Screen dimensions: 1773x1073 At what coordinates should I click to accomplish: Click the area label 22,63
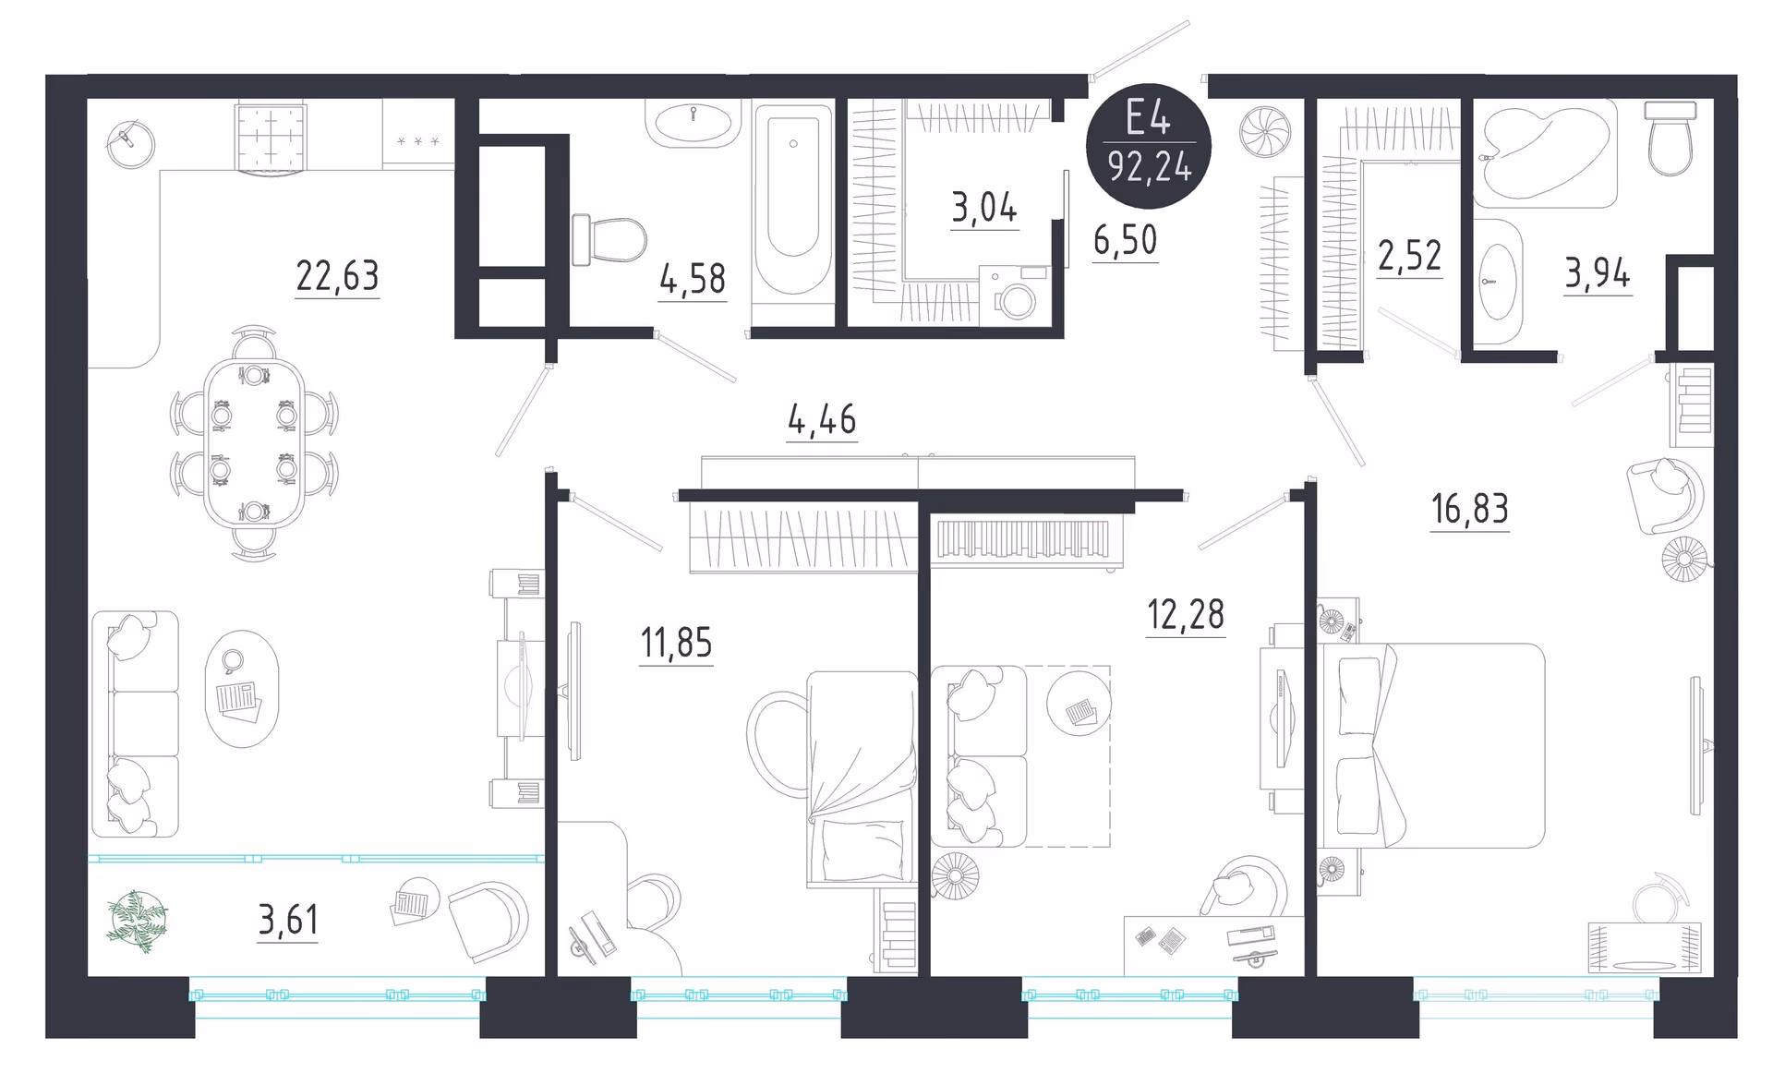tap(337, 276)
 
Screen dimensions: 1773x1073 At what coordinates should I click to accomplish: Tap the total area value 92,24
tap(1150, 167)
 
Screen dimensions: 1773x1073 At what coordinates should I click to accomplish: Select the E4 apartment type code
tap(1149, 118)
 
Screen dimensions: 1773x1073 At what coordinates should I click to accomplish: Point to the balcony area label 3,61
tap(288, 920)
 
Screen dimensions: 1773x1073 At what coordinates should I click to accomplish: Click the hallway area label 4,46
tap(822, 420)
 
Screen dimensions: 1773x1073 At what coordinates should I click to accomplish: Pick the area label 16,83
tap(1470, 509)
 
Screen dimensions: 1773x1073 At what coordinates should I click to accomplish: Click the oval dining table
tap(254, 443)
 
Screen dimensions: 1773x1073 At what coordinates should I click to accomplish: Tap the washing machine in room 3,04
tap(1014, 294)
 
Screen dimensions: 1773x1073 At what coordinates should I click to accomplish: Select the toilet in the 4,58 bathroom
tap(609, 239)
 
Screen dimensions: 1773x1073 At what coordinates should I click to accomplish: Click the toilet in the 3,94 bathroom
tap(1670, 139)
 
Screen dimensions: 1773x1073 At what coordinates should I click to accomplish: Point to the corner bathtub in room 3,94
tap(1544, 153)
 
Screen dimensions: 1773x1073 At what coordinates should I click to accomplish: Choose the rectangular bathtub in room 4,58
tap(793, 200)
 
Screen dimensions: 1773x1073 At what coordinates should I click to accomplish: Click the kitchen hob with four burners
tap(271, 137)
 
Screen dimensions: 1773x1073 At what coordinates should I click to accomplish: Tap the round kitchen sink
tap(130, 143)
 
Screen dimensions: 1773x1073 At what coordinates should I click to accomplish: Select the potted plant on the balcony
tap(137, 920)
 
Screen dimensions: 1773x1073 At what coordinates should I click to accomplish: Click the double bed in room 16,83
tap(1431, 746)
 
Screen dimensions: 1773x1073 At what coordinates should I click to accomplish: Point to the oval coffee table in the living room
tap(241, 689)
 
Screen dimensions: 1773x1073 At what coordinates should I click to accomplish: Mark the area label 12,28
tap(1186, 615)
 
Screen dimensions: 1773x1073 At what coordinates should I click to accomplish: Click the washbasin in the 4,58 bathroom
tap(693, 124)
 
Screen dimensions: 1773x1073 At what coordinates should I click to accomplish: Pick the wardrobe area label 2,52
tap(1409, 256)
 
